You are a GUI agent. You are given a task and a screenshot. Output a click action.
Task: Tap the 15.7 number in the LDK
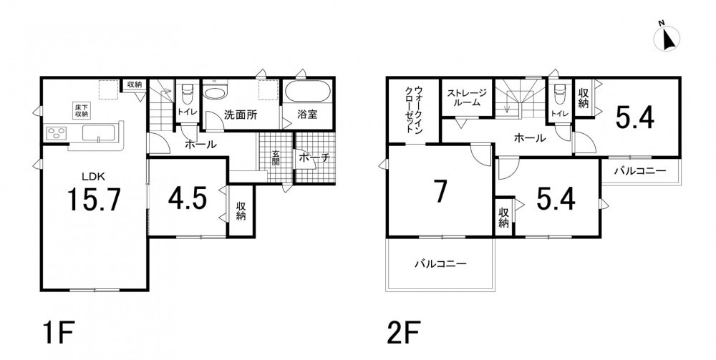tap(94, 200)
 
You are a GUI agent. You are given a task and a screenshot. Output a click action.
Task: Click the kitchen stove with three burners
tap(57, 133)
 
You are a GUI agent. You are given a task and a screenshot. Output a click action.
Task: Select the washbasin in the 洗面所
tap(214, 93)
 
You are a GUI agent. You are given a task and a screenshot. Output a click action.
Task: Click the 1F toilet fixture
tap(187, 94)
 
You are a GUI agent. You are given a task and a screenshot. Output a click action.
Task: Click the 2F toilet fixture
tap(558, 94)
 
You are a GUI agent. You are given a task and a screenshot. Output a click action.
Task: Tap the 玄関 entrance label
tap(276, 158)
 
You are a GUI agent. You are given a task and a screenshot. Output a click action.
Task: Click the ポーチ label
tap(314, 158)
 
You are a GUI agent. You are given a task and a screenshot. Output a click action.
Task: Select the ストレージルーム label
tap(466, 97)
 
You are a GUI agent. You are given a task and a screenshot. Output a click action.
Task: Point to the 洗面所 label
tap(240, 115)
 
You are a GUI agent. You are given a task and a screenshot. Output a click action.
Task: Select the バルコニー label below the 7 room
tap(440, 263)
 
